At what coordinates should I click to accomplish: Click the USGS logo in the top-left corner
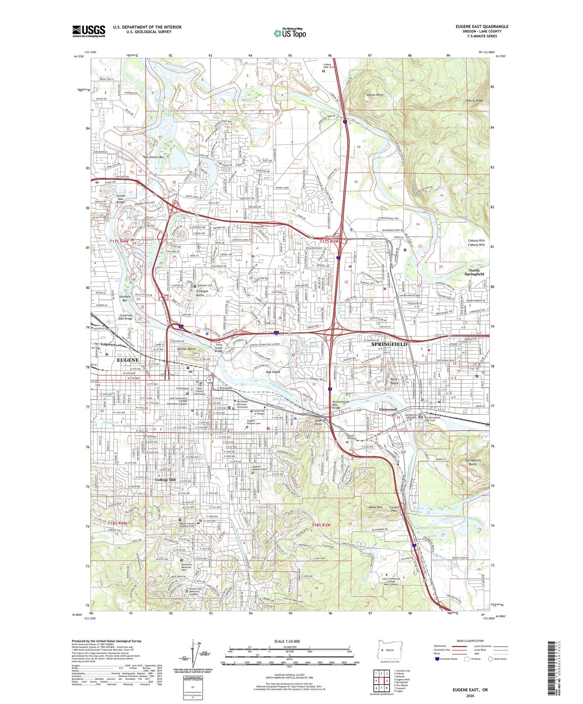tap(89, 31)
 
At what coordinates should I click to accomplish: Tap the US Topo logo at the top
tap(290, 33)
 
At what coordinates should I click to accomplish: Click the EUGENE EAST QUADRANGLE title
tap(482, 27)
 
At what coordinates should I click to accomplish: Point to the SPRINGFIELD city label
tap(389, 344)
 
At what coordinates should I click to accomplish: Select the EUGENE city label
tap(127, 360)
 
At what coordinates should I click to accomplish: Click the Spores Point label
tap(374, 95)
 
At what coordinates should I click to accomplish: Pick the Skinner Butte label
tap(186, 349)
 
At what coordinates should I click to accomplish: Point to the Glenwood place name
tap(388, 409)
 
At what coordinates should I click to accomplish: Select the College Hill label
tap(165, 480)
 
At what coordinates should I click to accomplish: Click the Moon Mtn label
tap(376, 507)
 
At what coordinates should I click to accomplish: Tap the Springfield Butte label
tap(472, 462)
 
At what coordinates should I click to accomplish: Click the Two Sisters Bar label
tap(153, 157)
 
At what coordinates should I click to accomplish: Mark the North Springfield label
tap(474, 272)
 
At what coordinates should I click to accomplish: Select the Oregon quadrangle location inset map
tap(389, 650)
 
